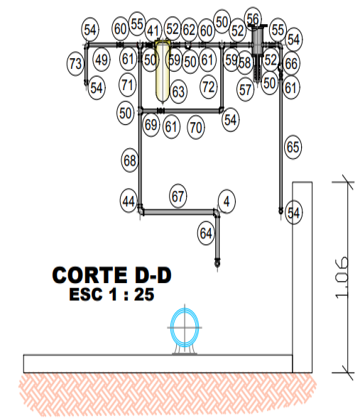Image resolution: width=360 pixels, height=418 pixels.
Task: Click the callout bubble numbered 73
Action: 75,64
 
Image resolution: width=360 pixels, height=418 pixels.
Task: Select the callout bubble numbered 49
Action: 102,60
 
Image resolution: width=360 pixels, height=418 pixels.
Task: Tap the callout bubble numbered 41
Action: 153,31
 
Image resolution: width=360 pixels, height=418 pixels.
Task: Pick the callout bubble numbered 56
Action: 253,19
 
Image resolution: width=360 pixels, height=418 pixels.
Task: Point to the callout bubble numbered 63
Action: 178,92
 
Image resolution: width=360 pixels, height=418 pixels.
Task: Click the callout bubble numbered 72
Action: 209,87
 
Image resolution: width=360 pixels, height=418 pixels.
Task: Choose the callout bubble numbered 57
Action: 246,89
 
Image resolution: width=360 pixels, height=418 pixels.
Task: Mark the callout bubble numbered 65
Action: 293,147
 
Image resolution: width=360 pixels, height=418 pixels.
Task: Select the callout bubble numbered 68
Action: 130,160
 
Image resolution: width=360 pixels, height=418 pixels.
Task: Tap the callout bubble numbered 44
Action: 129,201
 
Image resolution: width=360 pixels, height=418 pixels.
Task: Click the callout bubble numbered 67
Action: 178,196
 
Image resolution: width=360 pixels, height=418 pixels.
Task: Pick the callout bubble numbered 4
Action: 227,202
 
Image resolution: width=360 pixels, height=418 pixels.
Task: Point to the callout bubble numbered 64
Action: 206,233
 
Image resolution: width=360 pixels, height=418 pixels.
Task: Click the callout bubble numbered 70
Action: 196,127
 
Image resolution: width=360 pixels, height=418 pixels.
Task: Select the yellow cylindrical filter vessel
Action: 163,72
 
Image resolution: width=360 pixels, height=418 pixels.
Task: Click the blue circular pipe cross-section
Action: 185,327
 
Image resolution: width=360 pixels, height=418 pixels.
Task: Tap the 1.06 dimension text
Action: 341,277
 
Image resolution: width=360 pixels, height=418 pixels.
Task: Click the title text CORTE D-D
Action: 111,275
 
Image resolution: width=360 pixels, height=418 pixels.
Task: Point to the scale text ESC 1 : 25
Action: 111,295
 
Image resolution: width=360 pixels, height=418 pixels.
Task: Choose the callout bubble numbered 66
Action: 291,63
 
